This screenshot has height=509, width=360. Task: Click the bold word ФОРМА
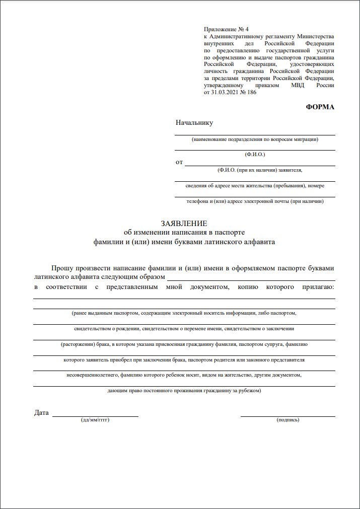[320, 107]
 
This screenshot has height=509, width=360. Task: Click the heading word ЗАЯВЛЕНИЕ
[184, 224]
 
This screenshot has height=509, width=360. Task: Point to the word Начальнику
[194, 123]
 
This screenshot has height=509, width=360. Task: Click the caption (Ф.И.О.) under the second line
[255, 154]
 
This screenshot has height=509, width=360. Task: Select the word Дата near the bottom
[42, 413]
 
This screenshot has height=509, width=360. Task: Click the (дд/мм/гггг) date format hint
[95, 419]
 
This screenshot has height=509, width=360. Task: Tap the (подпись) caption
[288, 419]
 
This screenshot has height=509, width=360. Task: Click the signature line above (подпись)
[288, 416]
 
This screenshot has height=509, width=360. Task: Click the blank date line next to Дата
[95, 416]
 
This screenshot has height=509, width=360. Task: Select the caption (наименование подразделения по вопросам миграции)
[255, 139]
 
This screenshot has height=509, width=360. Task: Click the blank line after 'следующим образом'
[251, 279]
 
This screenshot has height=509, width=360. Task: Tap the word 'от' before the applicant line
[179, 162]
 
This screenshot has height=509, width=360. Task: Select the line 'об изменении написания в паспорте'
[184, 232]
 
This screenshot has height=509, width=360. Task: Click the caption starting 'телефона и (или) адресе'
[255, 201]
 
